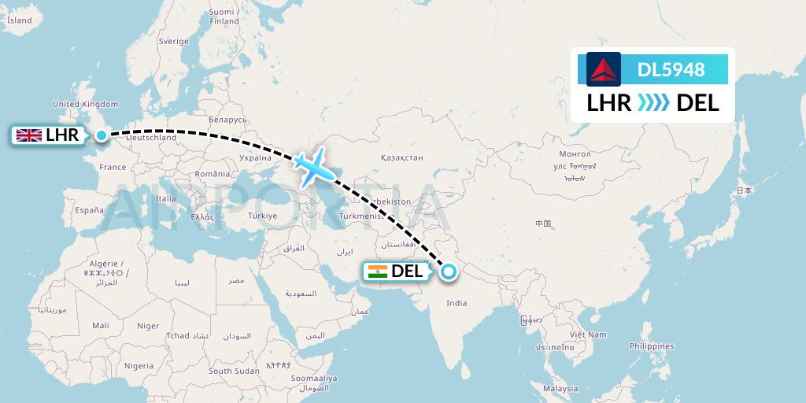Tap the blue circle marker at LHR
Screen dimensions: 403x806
pyautogui.click(x=102, y=135)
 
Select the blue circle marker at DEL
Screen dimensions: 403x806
pyautogui.click(x=448, y=272)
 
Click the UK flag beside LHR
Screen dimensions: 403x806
pyautogui.click(x=30, y=135)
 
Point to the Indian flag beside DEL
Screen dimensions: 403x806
pyautogui.click(x=377, y=272)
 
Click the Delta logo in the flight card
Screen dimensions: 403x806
pyautogui.click(x=604, y=69)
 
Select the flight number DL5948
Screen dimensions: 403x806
pyautogui.click(x=671, y=70)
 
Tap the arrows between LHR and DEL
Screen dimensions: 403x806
pyautogui.click(x=653, y=102)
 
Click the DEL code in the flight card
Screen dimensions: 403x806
pyautogui.click(x=698, y=102)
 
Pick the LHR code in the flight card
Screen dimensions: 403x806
pyautogui.click(x=609, y=102)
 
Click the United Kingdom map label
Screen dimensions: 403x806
pyautogui.click(x=85, y=104)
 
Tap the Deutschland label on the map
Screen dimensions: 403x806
pyautogui.click(x=151, y=138)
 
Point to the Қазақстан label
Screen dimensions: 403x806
pyautogui.click(x=401, y=158)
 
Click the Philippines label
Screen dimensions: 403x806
pyautogui.click(x=652, y=346)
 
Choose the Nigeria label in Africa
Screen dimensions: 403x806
pyautogui.click(x=139, y=366)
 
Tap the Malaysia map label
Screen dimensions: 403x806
pyautogui.click(x=560, y=389)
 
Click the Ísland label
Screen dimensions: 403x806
pyautogui.click(x=19, y=20)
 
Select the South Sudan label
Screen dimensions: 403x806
pyautogui.click(x=234, y=371)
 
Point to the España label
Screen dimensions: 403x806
pyautogui.click(x=89, y=210)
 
